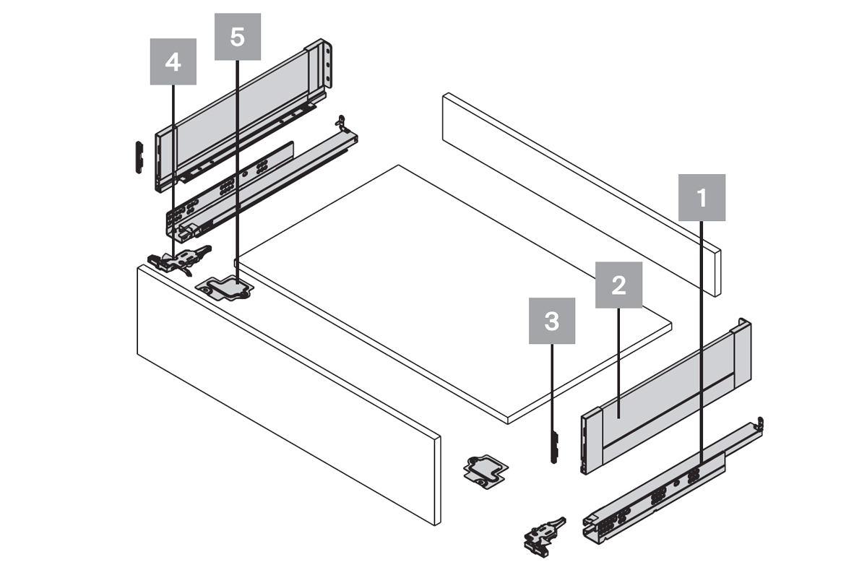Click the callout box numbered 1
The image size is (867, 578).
[x=701, y=197]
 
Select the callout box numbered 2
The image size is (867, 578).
[x=618, y=285]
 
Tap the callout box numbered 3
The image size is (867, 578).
[x=552, y=321]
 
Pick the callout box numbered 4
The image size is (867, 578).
[x=173, y=62]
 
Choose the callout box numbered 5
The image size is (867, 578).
[x=237, y=37]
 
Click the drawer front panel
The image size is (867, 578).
[x=289, y=390]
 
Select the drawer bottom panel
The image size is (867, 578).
[x=448, y=289]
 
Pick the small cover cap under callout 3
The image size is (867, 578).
[x=553, y=447]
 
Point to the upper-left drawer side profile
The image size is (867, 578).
[x=238, y=116]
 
